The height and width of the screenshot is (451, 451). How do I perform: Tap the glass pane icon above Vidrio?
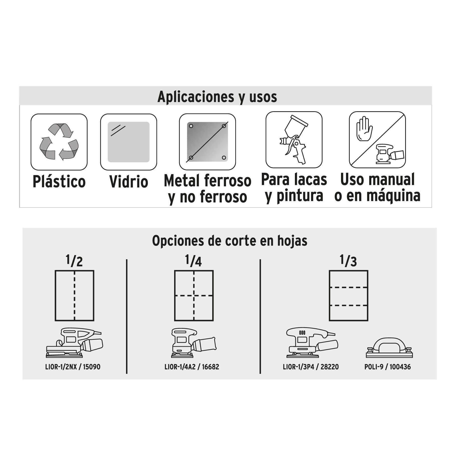point(129,142)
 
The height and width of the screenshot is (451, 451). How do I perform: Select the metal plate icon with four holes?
point(207,142)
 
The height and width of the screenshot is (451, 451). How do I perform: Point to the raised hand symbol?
point(365,129)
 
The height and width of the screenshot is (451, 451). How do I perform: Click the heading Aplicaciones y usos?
point(217,97)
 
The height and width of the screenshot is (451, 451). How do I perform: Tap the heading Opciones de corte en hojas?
point(230,241)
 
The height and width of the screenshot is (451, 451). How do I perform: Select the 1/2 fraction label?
point(74,261)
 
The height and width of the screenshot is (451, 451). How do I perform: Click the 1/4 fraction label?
point(193,261)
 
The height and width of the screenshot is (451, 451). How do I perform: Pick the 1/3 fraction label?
point(348,261)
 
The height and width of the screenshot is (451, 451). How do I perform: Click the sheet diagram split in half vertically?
point(74,296)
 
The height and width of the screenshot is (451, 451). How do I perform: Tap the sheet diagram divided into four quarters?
point(194,296)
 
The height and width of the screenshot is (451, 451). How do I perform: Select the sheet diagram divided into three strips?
point(349,296)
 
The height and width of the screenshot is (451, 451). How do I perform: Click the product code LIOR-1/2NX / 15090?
point(73,367)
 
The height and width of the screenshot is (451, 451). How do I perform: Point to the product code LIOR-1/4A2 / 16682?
point(192,367)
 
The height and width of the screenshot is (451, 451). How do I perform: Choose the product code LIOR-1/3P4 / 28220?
point(311,367)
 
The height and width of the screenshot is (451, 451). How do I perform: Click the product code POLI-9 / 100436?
point(388,367)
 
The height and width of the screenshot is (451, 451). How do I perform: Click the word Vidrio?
point(129,182)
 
